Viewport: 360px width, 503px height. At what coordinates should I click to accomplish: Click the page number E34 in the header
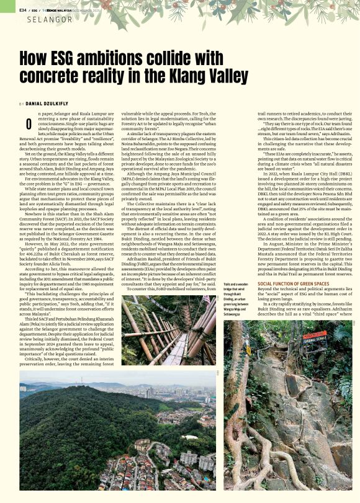(23, 10)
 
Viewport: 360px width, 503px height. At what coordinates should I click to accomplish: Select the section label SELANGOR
(50, 20)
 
